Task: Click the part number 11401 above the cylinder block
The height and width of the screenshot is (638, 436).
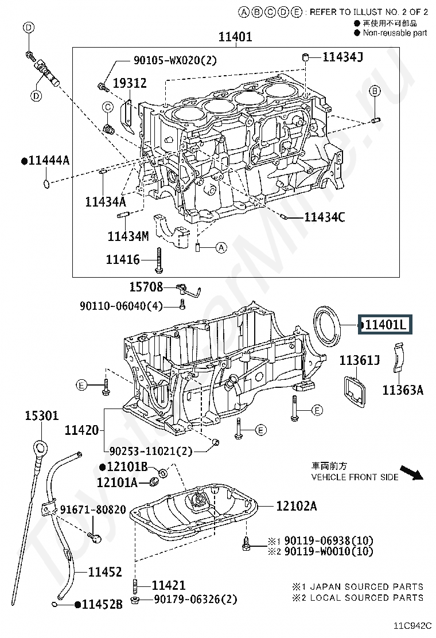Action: pos(235,37)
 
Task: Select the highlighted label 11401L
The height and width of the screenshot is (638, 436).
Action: pos(385,325)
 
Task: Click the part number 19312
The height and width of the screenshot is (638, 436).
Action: pos(129,83)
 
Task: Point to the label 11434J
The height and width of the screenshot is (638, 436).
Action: pos(342,57)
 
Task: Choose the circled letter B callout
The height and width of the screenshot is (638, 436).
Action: pos(375,91)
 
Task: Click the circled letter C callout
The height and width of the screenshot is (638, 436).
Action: pos(108,107)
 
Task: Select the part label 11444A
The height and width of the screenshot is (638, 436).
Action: pos(45,161)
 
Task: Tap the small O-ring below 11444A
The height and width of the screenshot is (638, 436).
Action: pos(47,184)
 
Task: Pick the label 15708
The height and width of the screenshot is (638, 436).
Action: pos(146,287)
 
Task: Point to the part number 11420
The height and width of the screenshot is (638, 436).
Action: pos(81,430)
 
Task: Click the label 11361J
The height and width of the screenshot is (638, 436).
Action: pos(360,360)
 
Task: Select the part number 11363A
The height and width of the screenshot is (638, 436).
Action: pos(403,390)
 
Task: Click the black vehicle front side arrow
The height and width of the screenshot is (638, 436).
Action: pos(411,472)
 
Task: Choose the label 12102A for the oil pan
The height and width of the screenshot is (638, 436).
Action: pos(296,506)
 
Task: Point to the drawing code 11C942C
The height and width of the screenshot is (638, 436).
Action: pos(412,626)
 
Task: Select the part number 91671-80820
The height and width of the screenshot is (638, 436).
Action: pos(93,510)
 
